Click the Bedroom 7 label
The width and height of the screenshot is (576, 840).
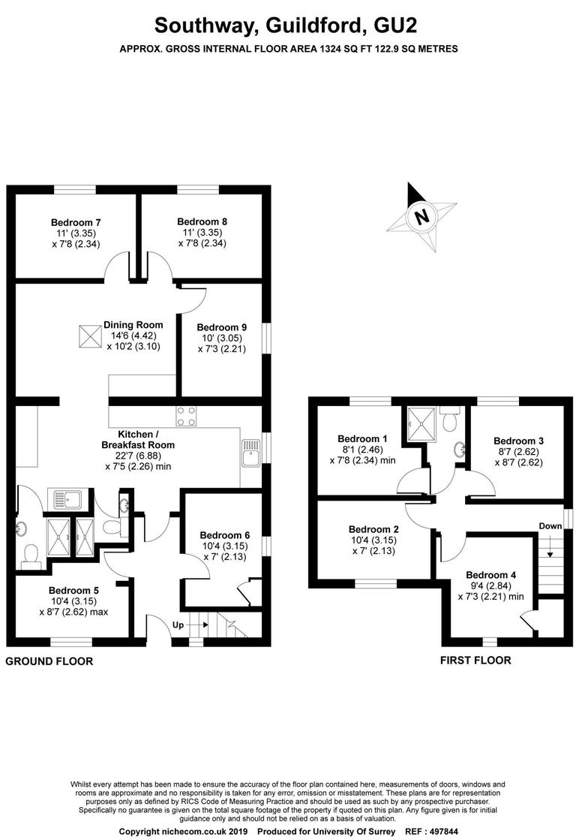coord(76,222)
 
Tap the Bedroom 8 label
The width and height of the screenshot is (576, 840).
coord(202,221)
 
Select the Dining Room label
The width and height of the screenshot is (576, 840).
coord(133,325)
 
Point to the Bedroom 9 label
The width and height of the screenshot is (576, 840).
coord(221,327)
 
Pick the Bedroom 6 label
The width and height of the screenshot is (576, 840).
coord(224,535)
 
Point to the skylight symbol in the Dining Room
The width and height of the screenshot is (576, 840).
coord(89,335)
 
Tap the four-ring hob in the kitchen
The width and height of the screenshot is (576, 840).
coord(186,415)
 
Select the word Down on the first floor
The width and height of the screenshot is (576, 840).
coord(550,526)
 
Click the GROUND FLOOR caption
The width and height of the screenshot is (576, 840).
coord(49,661)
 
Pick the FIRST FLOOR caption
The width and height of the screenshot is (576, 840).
coord(475,661)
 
